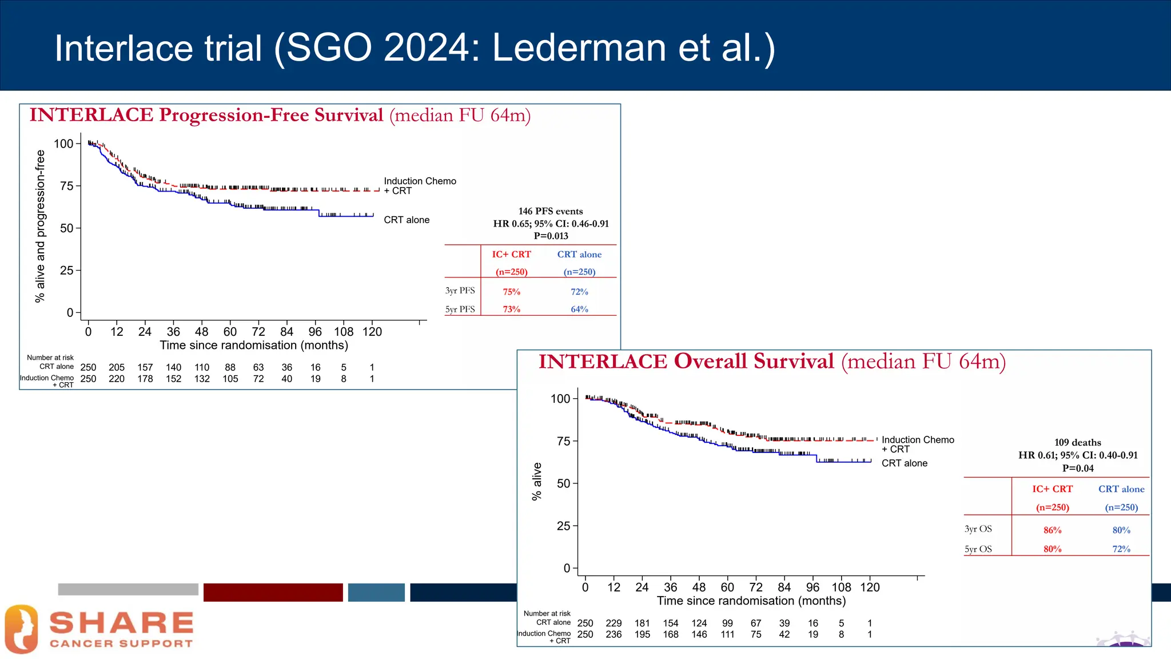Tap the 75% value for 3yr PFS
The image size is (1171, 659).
(x=511, y=292)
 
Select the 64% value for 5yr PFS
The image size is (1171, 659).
(x=579, y=309)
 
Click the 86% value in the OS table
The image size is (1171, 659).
(x=1052, y=530)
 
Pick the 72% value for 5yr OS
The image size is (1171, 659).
(x=1121, y=549)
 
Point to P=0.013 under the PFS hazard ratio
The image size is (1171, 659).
(x=551, y=236)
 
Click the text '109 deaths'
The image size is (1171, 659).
(x=1077, y=442)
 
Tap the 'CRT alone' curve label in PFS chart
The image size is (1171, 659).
(x=407, y=220)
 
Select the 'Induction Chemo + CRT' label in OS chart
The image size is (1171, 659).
(x=917, y=444)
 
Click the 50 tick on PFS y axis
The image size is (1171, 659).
(x=66, y=228)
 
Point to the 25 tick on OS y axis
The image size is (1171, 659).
(x=563, y=526)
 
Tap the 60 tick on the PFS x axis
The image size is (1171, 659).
(x=230, y=332)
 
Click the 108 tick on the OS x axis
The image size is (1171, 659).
(x=841, y=587)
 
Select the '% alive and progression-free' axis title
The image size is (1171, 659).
(x=40, y=226)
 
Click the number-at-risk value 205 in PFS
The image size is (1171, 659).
(x=117, y=367)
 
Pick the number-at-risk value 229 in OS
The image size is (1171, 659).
(x=614, y=623)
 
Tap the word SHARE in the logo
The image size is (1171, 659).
(x=121, y=623)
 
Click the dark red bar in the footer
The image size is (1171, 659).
(x=273, y=592)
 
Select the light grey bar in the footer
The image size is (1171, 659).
(x=128, y=589)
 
